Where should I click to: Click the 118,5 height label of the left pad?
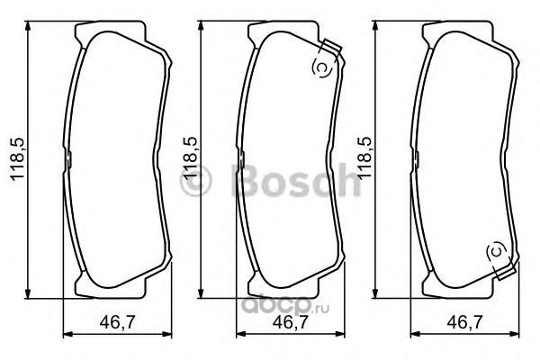(18, 158)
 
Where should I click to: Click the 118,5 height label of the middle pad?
(191, 158)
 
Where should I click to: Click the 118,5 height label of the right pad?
(365, 158)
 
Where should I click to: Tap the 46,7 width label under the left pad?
(118, 322)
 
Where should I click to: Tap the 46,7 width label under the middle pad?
(291, 322)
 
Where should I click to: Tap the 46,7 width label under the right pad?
(464, 322)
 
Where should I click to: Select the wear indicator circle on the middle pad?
(321, 67)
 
